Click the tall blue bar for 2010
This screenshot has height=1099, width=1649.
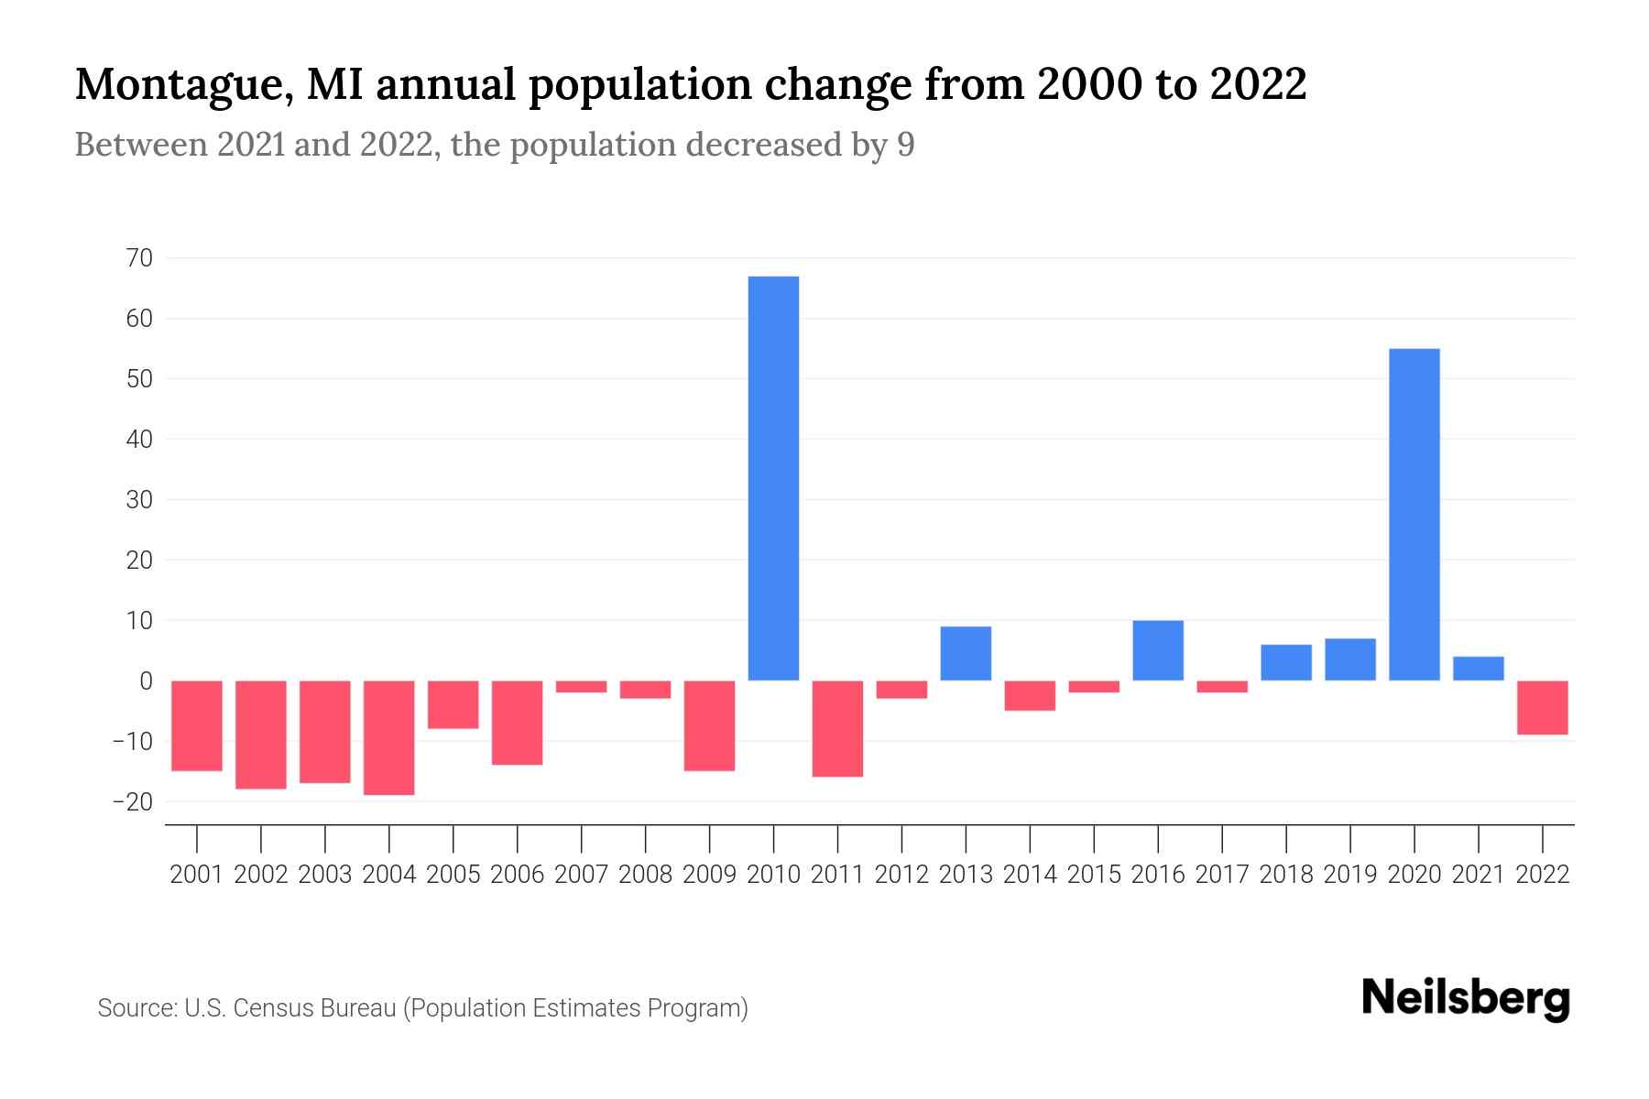[x=773, y=478]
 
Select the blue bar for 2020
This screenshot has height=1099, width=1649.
[x=1414, y=515]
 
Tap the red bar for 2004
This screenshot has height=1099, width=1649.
[x=389, y=737]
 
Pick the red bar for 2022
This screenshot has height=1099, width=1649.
[x=1542, y=707]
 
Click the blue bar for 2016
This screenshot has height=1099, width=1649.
[x=1158, y=650]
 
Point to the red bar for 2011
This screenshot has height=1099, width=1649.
[x=837, y=728]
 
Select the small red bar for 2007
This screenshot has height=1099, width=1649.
[x=581, y=686]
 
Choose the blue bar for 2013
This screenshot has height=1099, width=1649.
[x=966, y=653]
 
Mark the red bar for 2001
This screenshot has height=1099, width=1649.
[x=197, y=725]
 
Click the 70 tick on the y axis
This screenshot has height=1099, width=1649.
[x=139, y=258]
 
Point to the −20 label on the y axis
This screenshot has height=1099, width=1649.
[x=132, y=801]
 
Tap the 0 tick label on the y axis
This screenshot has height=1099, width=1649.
[x=146, y=680]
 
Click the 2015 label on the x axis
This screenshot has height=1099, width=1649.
[x=1094, y=875]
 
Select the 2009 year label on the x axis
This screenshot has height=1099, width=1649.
[x=709, y=875]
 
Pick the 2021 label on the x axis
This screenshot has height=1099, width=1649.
[x=1478, y=875]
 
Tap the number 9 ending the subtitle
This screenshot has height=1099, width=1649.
[x=905, y=145]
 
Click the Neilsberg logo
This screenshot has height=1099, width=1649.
[x=1466, y=998]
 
